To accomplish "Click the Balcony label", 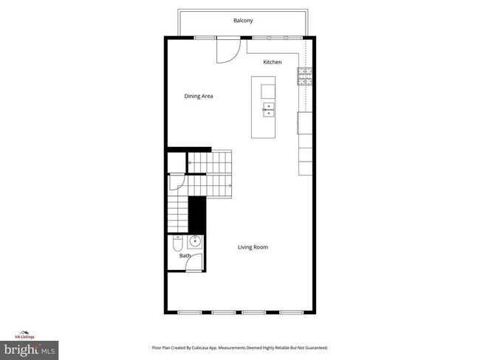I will click(243, 21).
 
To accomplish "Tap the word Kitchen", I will click(272, 62).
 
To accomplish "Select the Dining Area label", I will click(199, 96).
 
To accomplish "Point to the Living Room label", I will click(253, 247).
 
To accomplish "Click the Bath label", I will click(174, 256).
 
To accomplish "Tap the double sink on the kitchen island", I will click(268, 110).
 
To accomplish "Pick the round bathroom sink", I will click(196, 241).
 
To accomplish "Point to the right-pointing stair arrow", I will click(230, 185).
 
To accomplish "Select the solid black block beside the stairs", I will click(196, 215).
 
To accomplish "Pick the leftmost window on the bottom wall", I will click(189, 312).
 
